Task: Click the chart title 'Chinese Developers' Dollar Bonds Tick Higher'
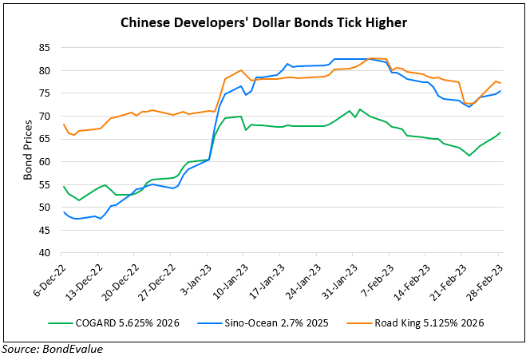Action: [263, 24]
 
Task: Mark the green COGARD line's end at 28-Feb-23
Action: [500, 133]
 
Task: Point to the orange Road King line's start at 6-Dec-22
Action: [63, 124]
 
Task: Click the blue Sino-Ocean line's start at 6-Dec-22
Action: [63, 212]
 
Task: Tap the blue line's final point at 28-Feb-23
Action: [500, 91]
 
